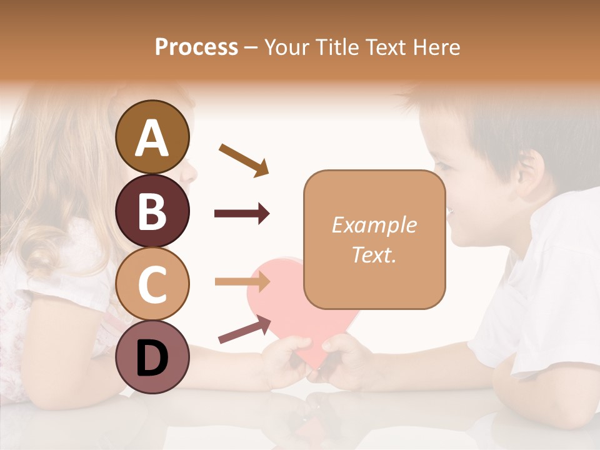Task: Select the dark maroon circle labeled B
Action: [x=152, y=211]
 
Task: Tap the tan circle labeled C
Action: [x=152, y=284]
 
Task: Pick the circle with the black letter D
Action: [x=152, y=357]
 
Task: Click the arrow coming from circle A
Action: [x=243, y=159]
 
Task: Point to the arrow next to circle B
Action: [x=242, y=214]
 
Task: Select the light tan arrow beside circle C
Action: [x=242, y=282]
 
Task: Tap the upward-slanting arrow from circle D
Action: [x=244, y=329]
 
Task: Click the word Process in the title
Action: [x=196, y=47]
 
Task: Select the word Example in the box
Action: [x=374, y=225]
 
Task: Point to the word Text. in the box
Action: [x=374, y=254]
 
